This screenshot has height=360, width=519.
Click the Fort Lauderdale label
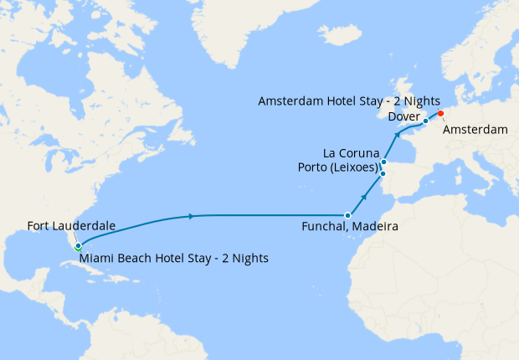click(70, 225)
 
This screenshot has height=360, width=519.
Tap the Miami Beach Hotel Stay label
click(174, 258)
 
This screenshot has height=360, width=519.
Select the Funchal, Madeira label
click(349, 227)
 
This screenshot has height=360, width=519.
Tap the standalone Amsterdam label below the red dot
click(475, 130)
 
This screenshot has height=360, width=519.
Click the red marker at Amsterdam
click(440, 114)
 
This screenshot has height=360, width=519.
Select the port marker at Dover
click(425, 121)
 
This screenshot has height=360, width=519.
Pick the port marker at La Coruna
click(383, 162)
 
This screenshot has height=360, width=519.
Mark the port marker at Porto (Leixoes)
click(383, 174)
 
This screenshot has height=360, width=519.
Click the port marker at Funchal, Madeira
click(347, 215)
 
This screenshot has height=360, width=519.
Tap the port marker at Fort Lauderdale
click(77, 247)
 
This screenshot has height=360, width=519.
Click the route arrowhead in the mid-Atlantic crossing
click(193, 216)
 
